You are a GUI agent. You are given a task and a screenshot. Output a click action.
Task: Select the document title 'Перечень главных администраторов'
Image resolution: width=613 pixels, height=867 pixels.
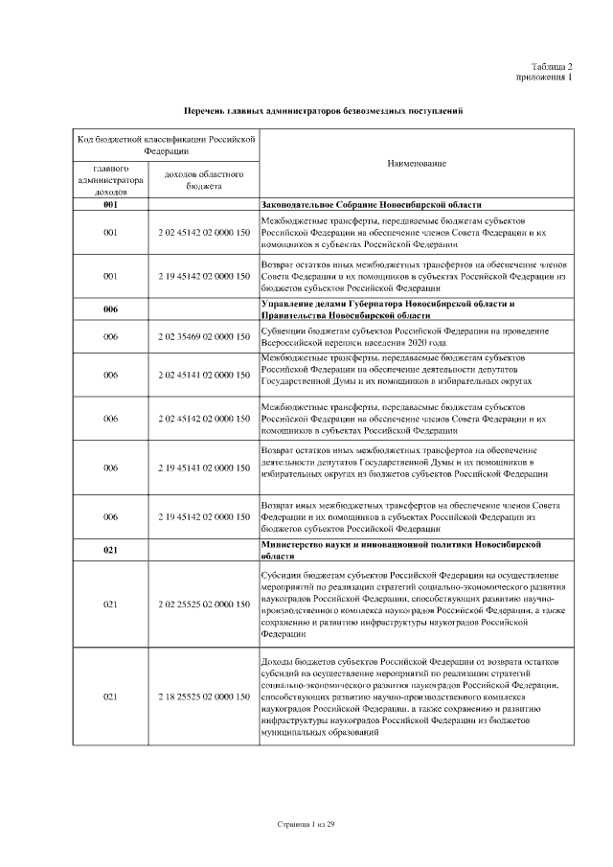(324, 112)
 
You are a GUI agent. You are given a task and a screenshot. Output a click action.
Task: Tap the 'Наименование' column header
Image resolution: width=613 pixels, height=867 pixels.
(417, 164)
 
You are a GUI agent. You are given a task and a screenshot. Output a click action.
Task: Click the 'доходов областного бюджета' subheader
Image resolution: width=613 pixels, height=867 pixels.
(204, 180)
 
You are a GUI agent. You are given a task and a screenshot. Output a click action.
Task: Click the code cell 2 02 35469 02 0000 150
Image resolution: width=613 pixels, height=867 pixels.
(204, 337)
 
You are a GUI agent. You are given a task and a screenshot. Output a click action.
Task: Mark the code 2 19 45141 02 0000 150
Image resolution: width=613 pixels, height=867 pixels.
(204, 468)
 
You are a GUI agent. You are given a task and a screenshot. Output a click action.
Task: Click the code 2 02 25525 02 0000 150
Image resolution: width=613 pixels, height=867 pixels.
(204, 605)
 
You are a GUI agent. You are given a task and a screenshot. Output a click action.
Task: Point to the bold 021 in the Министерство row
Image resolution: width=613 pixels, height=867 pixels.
(111, 550)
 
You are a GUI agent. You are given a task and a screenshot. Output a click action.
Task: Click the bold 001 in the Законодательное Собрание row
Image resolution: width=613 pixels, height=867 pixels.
(111, 205)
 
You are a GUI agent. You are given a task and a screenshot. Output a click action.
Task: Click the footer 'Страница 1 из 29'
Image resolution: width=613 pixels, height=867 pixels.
(306, 824)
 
